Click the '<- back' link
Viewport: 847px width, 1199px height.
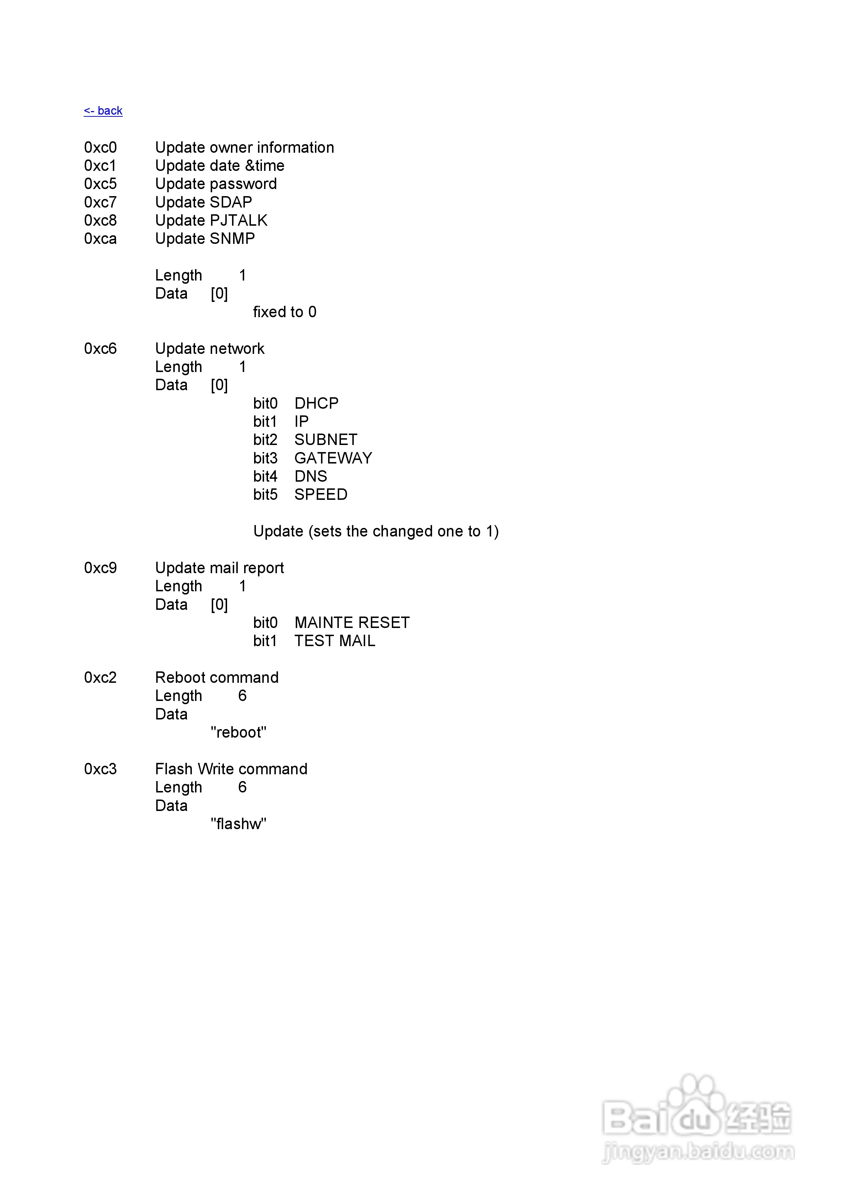(x=103, y=111)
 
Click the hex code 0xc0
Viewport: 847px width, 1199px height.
(x=100, y=148)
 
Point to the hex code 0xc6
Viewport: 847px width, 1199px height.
(x=100, y=349)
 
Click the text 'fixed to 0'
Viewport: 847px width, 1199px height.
(x=285, y=312)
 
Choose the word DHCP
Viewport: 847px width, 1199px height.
(x=316, y=403)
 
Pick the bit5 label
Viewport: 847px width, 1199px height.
(x=265, y=494)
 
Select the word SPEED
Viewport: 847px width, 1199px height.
(x=321, y=494)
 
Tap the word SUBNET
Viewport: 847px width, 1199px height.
(x=326, y=440)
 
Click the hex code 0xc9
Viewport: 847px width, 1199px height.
(x=100, y=568)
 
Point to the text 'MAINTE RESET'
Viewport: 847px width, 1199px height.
(x=352, y=623)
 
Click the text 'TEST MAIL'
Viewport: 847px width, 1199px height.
(x=335, y=641)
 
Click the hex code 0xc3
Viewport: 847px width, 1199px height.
(x=100, y=769)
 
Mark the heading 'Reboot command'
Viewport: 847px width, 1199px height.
(x=217, y=678)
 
